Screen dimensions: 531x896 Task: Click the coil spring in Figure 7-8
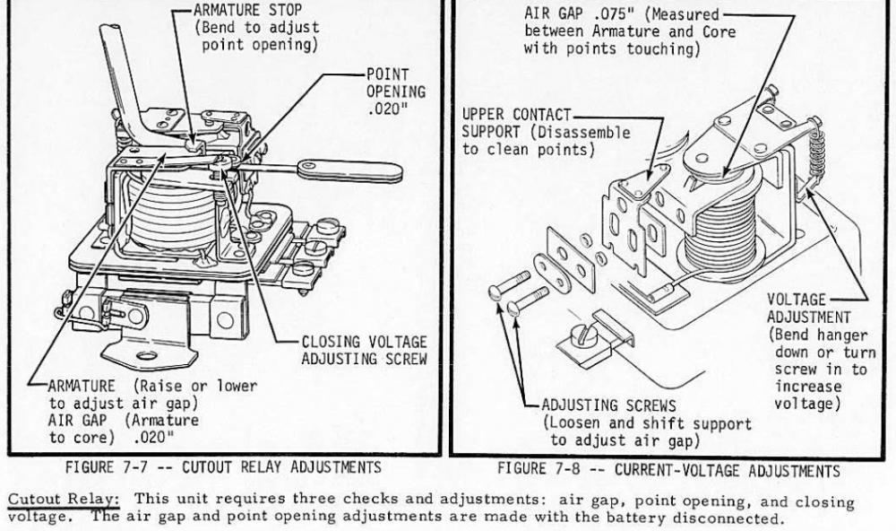[x=816, y=152]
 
